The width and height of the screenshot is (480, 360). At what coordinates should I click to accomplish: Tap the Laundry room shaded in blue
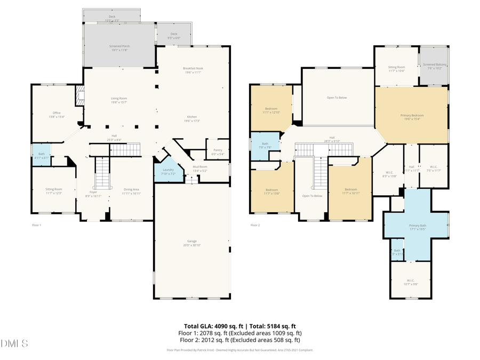pos(165,172)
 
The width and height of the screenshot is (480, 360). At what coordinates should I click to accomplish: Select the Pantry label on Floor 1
pos(218,150)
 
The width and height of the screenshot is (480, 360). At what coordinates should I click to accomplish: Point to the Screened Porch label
pos(119,46)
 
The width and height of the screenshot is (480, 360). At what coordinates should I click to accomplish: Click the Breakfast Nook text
pos(193,68)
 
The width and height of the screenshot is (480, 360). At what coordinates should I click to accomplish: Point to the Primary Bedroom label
pos(412,115)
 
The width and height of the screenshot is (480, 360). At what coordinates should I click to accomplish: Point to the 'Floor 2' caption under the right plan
pos(255,225)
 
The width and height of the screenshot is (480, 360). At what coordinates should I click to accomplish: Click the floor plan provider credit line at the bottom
pos(239,350)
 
